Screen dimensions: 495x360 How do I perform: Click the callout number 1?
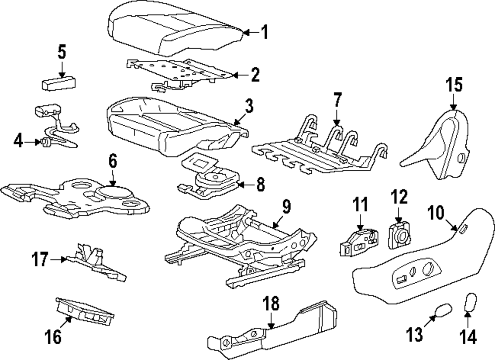point(265,32)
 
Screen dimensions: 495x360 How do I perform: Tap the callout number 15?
point(454,85)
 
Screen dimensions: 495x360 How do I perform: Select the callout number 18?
point(271,304)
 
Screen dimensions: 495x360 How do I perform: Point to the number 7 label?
point(338,100)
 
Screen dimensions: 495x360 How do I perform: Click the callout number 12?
point(399,197)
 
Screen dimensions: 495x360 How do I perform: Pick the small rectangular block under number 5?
point(59,84)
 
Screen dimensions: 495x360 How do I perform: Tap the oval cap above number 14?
point(470,302)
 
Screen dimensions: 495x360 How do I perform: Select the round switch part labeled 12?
point(399,235)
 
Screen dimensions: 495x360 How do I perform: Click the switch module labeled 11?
point(359,243)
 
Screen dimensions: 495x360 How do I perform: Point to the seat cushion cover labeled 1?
point(176,29)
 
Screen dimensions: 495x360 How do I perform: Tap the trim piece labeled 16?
point(85,311)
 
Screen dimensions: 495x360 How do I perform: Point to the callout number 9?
point(286,207)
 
